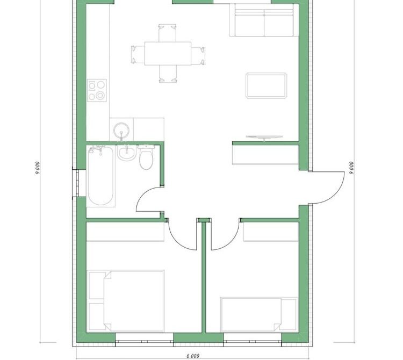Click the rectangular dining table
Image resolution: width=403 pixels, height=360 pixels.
coord(168,53)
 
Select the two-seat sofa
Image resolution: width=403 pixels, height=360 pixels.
coord(264,20)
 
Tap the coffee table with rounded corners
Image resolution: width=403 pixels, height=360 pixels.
coord(267,85)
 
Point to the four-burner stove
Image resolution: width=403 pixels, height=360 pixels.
coord(97,90)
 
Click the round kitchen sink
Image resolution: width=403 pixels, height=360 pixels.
coord(121,131)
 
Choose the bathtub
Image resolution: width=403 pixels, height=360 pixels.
coord(100,176)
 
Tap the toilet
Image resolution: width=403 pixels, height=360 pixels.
coord(146,157)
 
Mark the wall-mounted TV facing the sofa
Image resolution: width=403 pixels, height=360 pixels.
coord(264,137)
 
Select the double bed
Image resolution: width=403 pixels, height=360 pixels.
coord(126,301)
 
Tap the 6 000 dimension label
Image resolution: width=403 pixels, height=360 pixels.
coord(193,356)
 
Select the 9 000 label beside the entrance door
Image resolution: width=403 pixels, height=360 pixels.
coord(351,168)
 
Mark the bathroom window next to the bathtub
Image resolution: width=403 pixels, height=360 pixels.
coord(76,183)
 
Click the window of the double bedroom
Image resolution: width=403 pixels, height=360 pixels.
coord(144,342)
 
